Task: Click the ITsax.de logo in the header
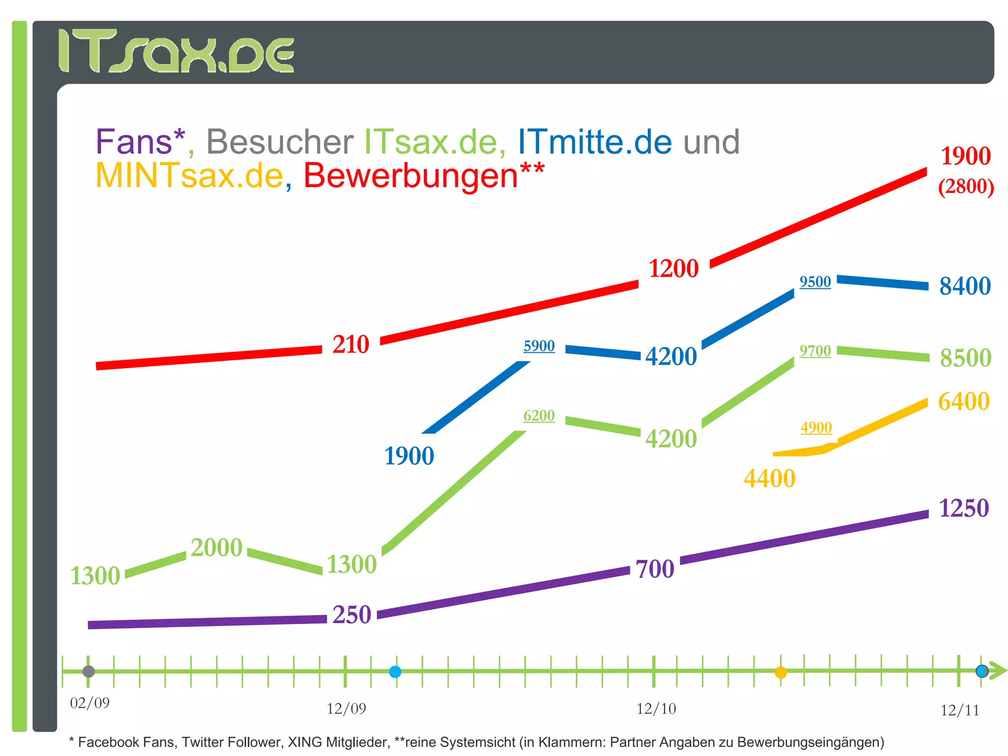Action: pos(176,51)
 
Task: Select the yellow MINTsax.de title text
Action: pos(189,176)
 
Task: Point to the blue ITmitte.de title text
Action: pos(595,143)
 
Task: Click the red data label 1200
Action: pos(673,269)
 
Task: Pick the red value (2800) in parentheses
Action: pos(966,187)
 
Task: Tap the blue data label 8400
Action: pos(965,286)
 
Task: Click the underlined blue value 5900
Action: pos(539,346)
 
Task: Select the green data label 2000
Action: pos(217,548)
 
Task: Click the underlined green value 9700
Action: pos(815,351)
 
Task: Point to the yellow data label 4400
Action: pos(769,479)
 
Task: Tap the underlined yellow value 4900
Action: pos(816,427)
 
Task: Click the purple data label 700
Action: pos(655,569)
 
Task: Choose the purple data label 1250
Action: pos(964,508)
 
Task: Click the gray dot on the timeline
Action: pos(89,671)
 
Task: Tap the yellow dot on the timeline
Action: pos(781,672)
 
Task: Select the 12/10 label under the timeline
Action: pos(656,709)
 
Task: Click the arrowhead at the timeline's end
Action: pos(998,671)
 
